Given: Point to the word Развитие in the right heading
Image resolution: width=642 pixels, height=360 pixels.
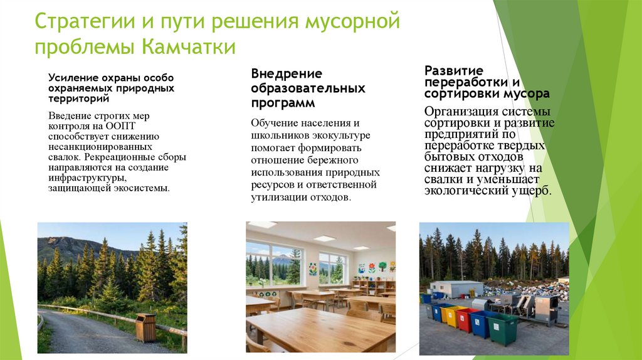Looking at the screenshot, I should tap(453, 70).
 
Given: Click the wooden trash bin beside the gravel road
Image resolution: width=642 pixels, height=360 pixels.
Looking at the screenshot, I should tap(145, 327).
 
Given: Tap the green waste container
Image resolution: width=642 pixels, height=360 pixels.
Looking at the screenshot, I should tap(503, 329).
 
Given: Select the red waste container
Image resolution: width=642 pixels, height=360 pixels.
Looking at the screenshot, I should tap(466, 319).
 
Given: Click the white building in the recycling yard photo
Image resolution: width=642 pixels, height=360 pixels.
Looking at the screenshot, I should tap(456, 289).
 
